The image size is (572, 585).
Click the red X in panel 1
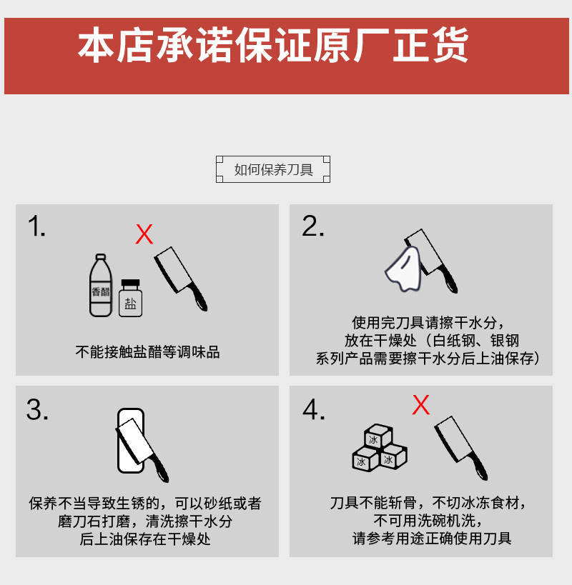144,234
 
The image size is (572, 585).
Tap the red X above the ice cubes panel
421,405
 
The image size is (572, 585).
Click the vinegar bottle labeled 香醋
100,286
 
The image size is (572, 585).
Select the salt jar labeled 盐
130,298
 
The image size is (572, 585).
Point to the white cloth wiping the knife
403,269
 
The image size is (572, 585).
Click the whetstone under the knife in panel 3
130,441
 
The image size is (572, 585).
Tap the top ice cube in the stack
378,436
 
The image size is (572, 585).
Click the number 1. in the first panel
36,226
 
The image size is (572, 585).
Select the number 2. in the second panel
313,226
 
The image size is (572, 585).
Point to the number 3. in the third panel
37,409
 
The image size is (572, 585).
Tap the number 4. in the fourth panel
314,409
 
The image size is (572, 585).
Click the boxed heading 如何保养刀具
273,169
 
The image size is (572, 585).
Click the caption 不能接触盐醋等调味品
147,352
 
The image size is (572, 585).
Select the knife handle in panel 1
198,297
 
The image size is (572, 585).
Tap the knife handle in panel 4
478,466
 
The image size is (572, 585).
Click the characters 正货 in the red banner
430,45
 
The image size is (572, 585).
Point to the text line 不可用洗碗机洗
428,521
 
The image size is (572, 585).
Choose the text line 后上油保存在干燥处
145,539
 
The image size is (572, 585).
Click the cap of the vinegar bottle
100,257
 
